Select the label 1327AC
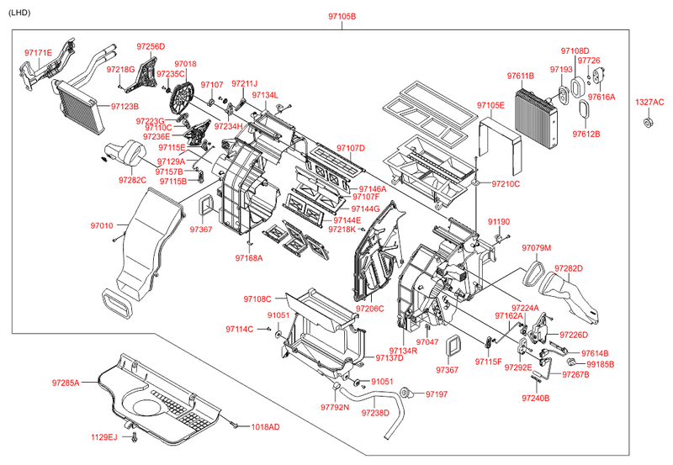click(649, 102)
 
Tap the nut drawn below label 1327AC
click(649, 123)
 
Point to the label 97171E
click(38, 53)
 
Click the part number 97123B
click(125, 106)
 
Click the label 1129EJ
click(106, 436)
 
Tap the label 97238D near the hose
click(376, 412)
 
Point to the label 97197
click(437, 394)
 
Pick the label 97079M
click(536, 248)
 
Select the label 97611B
click(521, 77)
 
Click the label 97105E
click(490, 105)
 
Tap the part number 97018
click(185, 63)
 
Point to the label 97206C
click(369, 309)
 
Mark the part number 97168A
click(249, 257)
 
